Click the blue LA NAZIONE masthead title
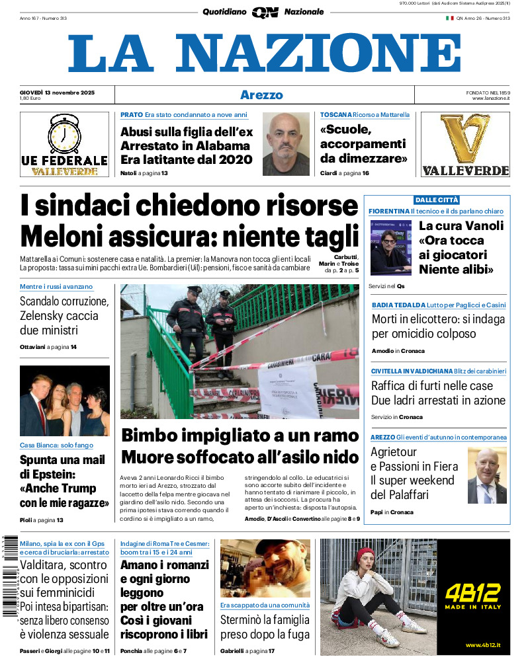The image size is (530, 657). [264, 54]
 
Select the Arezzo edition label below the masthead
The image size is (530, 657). [261, 95]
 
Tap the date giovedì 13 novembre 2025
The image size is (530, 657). [57, 92]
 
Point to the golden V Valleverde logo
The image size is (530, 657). [465, 139]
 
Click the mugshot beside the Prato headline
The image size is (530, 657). [286, 143]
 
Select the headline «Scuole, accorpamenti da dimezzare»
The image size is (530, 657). [363, 144]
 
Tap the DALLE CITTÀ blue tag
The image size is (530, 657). [437, 200]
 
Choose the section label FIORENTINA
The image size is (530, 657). [389, 211]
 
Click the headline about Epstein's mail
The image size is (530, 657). [64, 481]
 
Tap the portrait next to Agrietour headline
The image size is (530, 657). [486, 475]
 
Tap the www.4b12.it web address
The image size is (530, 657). [482, 644]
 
